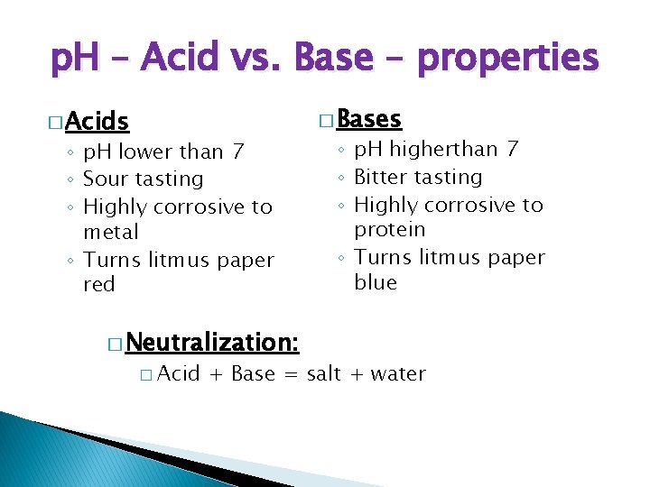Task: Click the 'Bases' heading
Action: click(x=369, y=119)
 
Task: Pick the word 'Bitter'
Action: click(x=384, y=178)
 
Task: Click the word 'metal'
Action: click(x=111, y=233)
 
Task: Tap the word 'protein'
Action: click(x=390, y=230)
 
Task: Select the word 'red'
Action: click(x=99, y=285)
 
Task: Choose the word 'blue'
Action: click(x=376, y=283)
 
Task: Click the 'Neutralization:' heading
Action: click(x=213, y=343)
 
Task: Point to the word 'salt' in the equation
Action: click(x=324, y=374)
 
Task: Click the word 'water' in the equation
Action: click(x=396, y=374)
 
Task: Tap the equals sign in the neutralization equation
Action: click(x=291, y=374)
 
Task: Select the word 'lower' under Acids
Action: click(x=148, y=152)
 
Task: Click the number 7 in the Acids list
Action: click(x=237, y=152)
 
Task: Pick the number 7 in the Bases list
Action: click(x=512, y=150)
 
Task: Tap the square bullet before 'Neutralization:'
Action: click(x=113, y=344)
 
